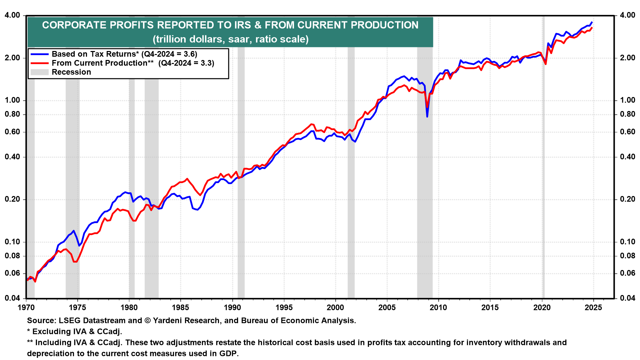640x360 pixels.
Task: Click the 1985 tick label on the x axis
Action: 181,307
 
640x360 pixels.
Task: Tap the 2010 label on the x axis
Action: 439,307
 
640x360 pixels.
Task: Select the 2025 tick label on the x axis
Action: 593,307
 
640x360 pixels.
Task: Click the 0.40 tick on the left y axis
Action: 12,157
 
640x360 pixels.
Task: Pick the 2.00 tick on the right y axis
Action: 627,58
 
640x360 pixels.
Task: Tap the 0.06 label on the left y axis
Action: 12,273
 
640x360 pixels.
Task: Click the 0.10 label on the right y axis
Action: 627,242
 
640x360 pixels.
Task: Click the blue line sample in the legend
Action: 39,54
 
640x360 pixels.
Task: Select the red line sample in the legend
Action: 39,63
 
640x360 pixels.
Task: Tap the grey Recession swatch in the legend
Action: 39,72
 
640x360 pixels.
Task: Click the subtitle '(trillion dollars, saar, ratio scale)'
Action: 231,39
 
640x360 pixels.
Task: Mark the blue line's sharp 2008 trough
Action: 427,116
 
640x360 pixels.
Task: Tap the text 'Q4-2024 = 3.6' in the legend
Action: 169,54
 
